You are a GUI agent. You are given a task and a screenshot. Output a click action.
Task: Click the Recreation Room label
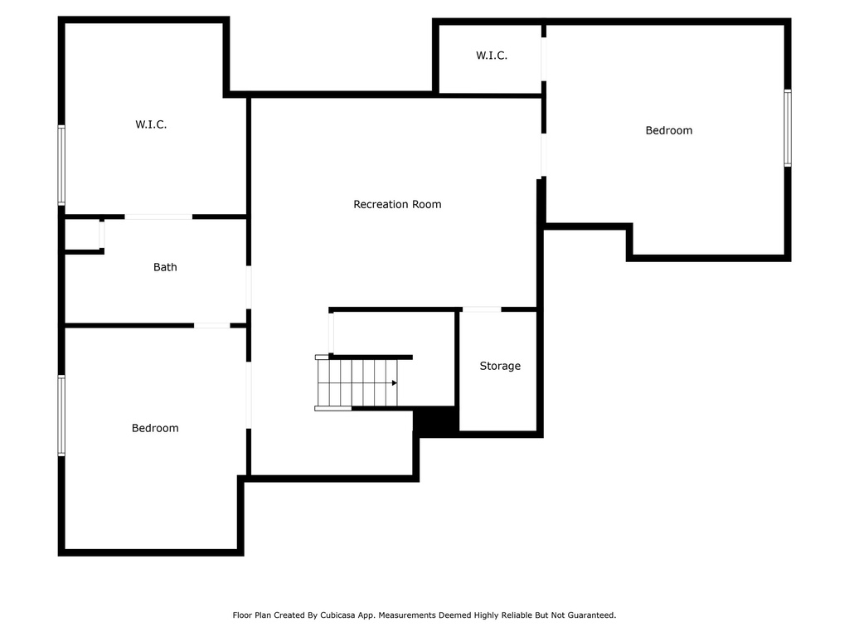pyautogui.click(x=397, y=204)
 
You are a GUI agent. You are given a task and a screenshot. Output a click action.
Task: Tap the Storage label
pyautogui.click(x=500, y=366)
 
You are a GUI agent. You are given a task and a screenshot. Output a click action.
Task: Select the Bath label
pyautogui.click(x=165, y=267)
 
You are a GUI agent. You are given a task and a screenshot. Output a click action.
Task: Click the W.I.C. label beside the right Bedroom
pyautogui.click(x=492, y=56)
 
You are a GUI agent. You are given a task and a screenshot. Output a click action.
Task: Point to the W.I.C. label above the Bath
pyautogui.click(x=151, y=124)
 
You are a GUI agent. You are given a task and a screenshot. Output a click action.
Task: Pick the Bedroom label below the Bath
pyautogui.click(x=155, y=428)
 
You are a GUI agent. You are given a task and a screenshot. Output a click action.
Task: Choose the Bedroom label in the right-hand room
pyautogui.click(x=669, y=130)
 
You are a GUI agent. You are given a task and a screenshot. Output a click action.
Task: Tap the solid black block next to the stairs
pyautogui.click(x=435, y=420)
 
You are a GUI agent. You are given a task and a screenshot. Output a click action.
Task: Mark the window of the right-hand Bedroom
pyautogui.click(x=788, y=128)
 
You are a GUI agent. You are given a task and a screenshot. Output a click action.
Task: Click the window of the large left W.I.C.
pyautogui.click(x=61, y=165)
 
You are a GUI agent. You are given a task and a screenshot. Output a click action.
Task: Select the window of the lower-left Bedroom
pyautogui.click(x=61, y=416)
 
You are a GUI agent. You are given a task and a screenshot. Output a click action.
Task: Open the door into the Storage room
pyautogui.click(x=482, y=309)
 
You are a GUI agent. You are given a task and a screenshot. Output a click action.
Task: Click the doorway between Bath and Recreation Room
pyautogui.click(x=249, y=287)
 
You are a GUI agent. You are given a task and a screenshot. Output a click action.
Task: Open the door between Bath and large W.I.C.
pyautogui.click(x=158, y=216)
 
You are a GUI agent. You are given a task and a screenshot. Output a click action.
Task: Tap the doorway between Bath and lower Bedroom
pyautogui.click(x=211, y=325)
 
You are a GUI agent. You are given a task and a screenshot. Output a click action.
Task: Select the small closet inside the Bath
pyautogui.click(x=82, y=235)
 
